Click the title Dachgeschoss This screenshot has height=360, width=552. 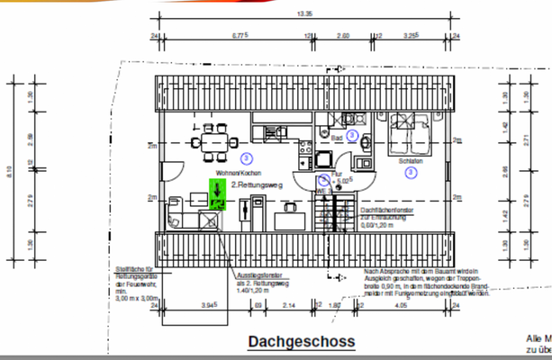click(x=301, y=342)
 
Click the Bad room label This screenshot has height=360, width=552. click(x=337, y=139)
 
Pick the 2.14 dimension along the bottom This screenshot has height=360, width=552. click(x=289, y=306)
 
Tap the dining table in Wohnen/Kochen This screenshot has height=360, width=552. click(x=215, y=141)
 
